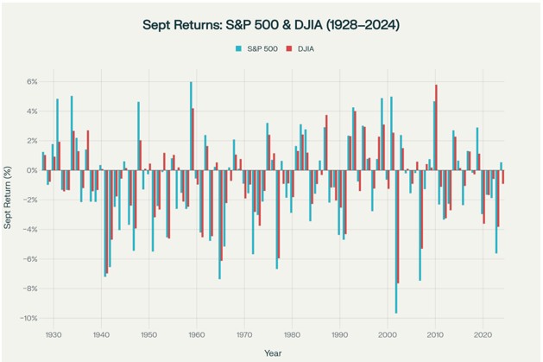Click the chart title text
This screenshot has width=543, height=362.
pos(270,25)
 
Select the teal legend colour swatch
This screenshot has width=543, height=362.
pos(237,49)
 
